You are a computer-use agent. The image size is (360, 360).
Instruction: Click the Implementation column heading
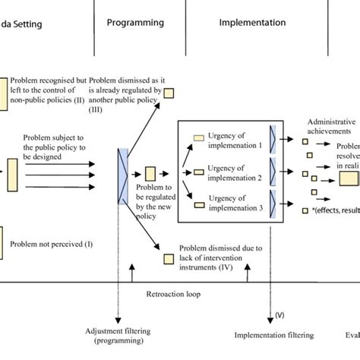point(252,23)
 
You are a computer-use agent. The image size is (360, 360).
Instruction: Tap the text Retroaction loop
point(173,293)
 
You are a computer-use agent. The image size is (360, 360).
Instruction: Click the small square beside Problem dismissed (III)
point(170,93)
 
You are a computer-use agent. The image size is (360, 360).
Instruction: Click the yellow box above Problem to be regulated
point(150,174)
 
